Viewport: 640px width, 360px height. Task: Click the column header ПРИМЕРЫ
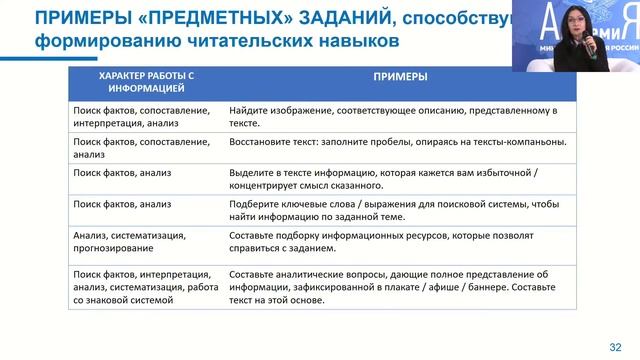tap(400, 76)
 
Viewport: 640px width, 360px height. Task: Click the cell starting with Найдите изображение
tap(400, 116)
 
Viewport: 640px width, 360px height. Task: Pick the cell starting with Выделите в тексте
tap(400, 179)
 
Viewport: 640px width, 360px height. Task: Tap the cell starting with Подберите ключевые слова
tap(400, 211)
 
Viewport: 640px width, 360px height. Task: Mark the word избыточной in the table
tap(520, 173)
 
